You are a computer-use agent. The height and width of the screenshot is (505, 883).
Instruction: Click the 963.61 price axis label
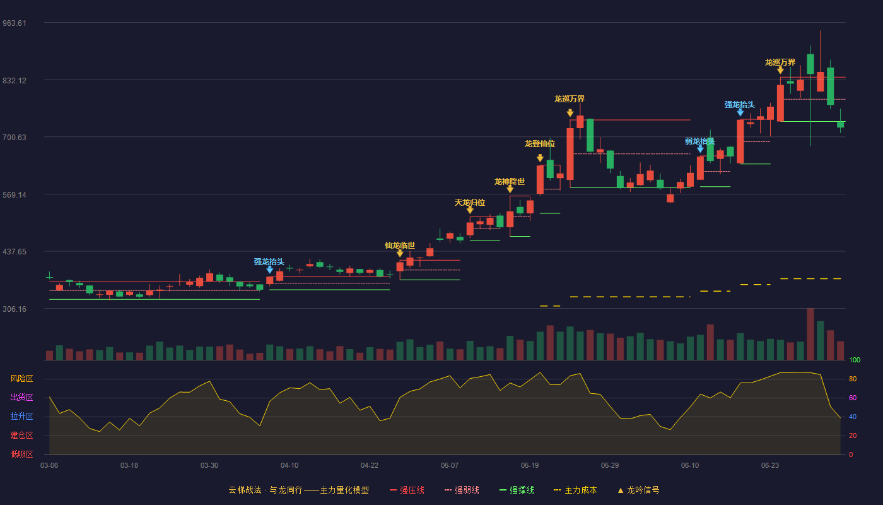[15, 23]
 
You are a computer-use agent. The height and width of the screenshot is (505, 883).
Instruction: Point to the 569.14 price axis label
[15, 195]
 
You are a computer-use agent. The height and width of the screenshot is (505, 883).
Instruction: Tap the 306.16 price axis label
[15, 309]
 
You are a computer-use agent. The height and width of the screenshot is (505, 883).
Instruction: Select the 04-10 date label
[289, 466]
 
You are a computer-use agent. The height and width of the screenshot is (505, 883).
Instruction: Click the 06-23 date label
[770, 466]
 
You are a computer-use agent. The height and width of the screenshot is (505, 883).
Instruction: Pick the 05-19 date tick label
[530, 466]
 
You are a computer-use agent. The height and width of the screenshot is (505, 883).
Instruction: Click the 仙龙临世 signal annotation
[400, 246]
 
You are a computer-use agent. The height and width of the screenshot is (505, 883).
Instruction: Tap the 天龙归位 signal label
[469, 203]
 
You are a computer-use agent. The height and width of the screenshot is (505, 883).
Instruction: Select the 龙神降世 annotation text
[510, 182]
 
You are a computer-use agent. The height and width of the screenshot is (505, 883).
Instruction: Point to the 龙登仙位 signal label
[540, 144]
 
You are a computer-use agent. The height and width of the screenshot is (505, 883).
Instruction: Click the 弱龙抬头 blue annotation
[699, 141]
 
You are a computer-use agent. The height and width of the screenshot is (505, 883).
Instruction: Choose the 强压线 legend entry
[407, 490]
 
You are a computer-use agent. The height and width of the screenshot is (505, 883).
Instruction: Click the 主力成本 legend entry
[575, 490]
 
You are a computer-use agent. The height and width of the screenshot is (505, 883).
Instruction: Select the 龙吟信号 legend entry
[638, 490]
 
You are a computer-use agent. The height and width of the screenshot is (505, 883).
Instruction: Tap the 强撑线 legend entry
[517, 490]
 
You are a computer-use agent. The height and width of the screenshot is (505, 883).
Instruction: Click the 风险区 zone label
[21, 378]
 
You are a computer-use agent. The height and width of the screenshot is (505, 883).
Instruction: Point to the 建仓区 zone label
[21, 435]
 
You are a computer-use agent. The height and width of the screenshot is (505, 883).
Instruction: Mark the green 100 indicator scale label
[855, 360]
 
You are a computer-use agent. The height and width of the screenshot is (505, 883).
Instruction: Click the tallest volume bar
[810, 334]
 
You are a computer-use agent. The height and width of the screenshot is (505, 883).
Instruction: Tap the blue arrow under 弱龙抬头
[700, 149]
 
